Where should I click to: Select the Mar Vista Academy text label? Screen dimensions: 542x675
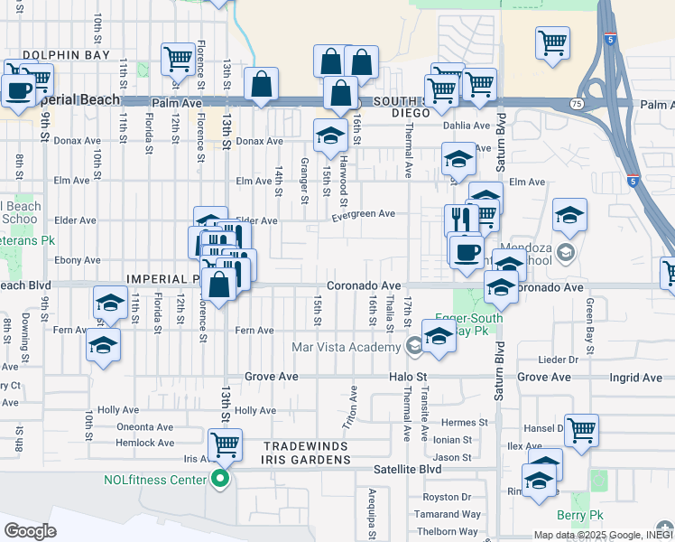(346, 347)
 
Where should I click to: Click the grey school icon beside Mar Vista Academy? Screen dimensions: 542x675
(413, 345)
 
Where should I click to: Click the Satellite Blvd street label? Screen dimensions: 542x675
(408, 470)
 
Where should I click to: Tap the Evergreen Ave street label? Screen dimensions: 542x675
(363, 214)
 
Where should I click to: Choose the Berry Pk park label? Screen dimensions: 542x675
(578, 515)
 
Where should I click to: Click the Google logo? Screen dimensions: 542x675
(31, 530)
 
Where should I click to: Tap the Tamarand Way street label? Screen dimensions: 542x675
(448, 514)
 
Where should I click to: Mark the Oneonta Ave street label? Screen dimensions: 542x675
(145, 427)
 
